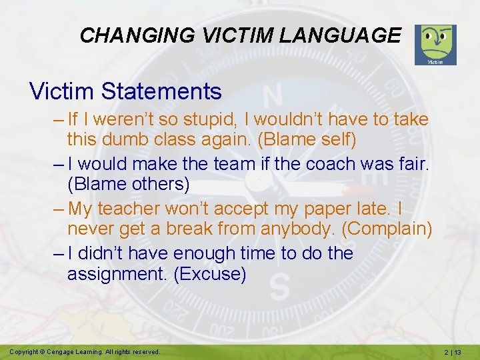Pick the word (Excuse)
[209, 273]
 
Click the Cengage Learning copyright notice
[85, 351]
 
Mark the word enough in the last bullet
[200, 253]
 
